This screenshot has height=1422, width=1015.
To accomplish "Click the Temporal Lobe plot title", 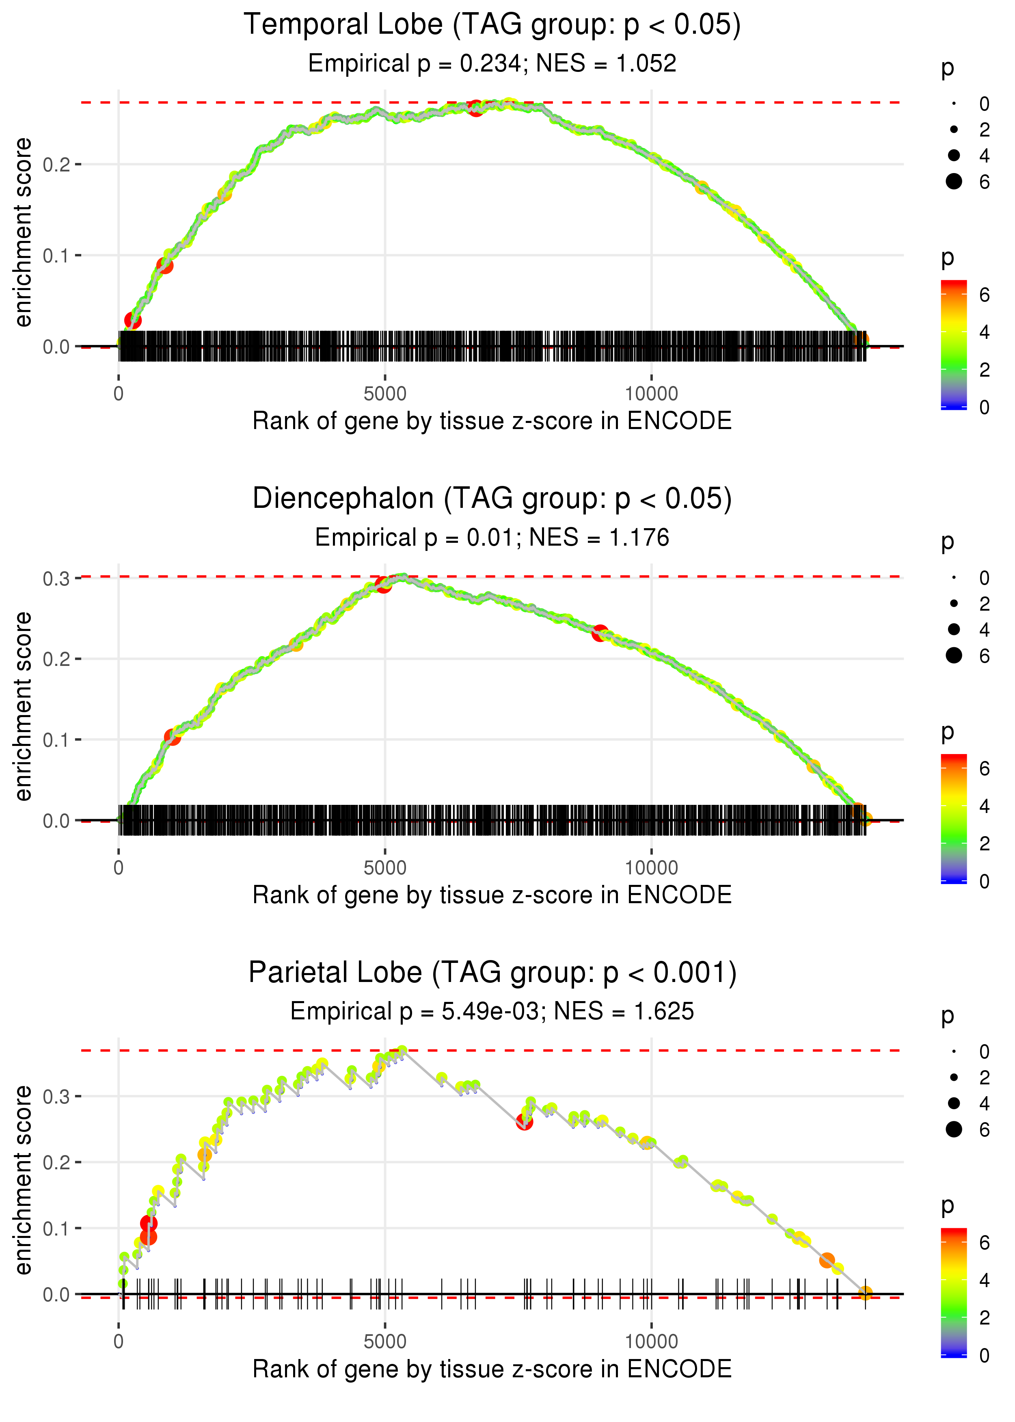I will pos(492,25).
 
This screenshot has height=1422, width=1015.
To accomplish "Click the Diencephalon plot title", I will pos(492,499).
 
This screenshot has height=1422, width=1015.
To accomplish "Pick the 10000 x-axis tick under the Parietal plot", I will pos(651,1341).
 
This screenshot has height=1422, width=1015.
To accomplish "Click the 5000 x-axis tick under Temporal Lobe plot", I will pos(384,394).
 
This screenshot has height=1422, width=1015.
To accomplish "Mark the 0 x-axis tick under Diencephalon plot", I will pos(118,868).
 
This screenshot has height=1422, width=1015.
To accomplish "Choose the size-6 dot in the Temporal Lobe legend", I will pos(954,181).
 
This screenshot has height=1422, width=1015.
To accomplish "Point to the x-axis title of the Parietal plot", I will pos(492,1369).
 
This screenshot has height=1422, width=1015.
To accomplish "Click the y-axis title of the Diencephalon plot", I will pos(23,707).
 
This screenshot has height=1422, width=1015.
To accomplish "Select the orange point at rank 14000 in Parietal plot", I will pos(865,1292).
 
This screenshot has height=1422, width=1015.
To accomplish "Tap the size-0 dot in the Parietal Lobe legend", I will pos(954,1051).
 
